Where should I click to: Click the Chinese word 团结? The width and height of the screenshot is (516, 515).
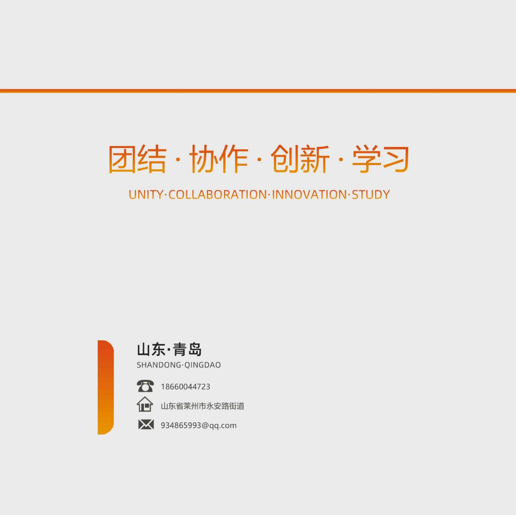[137, 159]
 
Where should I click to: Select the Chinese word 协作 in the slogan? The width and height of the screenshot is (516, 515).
[219, 159]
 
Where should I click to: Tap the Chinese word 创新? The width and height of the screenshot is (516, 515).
[300, 159]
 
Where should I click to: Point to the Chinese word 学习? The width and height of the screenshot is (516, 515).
[380, 159]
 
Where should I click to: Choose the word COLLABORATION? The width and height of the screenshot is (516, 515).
[218, 194]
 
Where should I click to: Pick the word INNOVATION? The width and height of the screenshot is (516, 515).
[309, 194]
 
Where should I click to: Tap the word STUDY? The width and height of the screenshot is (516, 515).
[371, 194]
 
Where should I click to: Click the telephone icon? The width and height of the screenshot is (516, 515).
[145, 386]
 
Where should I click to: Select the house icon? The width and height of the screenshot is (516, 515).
[145, 404]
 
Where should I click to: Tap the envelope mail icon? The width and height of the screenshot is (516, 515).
[146, 425]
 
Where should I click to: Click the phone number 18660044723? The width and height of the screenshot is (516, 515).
[185, 387]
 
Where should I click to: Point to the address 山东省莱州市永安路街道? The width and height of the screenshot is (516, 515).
[202, 406]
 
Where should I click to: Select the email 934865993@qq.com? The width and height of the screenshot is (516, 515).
[199, 425]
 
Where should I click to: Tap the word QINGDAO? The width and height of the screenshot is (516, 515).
[202, 364]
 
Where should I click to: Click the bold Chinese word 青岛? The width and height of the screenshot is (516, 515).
[187, 349]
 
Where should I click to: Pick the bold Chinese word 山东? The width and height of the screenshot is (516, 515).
[151, 349]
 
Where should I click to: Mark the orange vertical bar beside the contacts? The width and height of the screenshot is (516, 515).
[106, 387]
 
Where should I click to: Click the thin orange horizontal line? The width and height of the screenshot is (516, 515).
[258, 91]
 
